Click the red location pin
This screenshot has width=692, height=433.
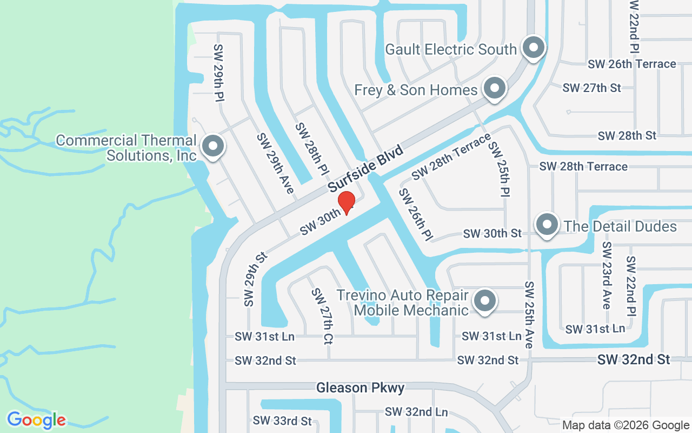[346, 202]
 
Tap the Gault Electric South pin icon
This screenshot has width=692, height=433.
[534, 48]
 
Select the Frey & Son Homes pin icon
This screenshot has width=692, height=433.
[494, 89]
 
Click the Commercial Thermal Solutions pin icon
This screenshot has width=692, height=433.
[212, 146]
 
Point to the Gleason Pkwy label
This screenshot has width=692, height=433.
[360, 388]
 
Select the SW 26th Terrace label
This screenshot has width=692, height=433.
[632, 64]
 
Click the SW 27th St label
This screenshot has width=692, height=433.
[591, 88]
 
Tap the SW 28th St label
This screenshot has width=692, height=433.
[627, 135]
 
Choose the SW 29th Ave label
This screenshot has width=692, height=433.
[275, 163]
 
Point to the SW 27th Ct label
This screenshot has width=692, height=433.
[322, 316]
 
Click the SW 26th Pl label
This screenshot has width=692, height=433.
[416, 215]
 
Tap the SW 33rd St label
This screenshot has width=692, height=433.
[282, 421]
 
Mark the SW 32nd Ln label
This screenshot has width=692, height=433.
[416, 412]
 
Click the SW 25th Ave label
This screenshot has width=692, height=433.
[529, 314]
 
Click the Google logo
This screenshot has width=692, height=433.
[36, 420]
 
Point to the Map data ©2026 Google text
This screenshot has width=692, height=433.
[626, 425]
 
